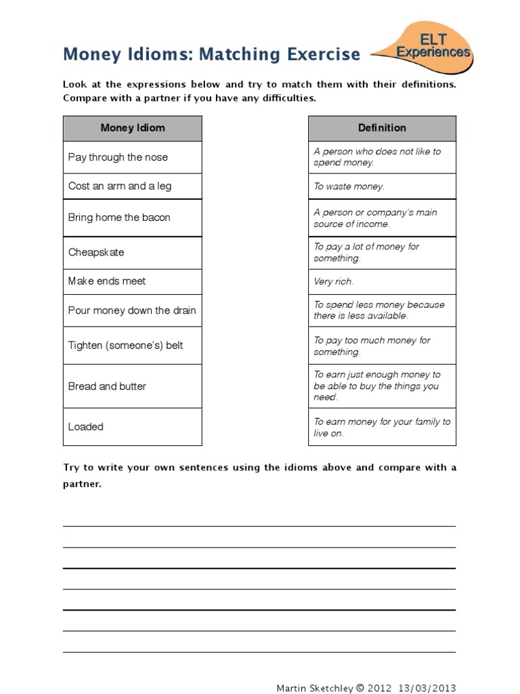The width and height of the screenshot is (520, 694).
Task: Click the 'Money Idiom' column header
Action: tap(133, 128)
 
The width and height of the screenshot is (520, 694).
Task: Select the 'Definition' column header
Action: tap(382, 128)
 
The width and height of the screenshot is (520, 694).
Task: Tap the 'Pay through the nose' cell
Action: tap(118, 157)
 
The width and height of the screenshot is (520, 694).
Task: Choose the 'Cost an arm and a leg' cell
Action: tap(120, 186)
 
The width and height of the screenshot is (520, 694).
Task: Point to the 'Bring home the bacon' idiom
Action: tap(119, 218)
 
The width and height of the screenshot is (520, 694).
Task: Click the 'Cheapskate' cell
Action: tap(96, 252)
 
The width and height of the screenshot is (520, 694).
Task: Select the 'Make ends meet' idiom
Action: tap(107, 281)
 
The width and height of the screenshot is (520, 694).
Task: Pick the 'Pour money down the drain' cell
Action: tap(132, 310)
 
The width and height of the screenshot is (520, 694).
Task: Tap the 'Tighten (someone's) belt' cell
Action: tap(125, 346)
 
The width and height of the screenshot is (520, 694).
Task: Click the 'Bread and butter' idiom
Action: tap(107, 386)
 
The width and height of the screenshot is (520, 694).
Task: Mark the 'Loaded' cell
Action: tap(86, 427)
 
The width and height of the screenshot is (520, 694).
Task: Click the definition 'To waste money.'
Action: tap(349, 186)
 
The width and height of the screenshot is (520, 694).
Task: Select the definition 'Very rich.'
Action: tap(334, 281)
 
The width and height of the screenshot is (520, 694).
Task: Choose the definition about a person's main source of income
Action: tap(375, 218)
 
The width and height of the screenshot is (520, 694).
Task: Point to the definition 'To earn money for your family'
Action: tap(381, 427)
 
